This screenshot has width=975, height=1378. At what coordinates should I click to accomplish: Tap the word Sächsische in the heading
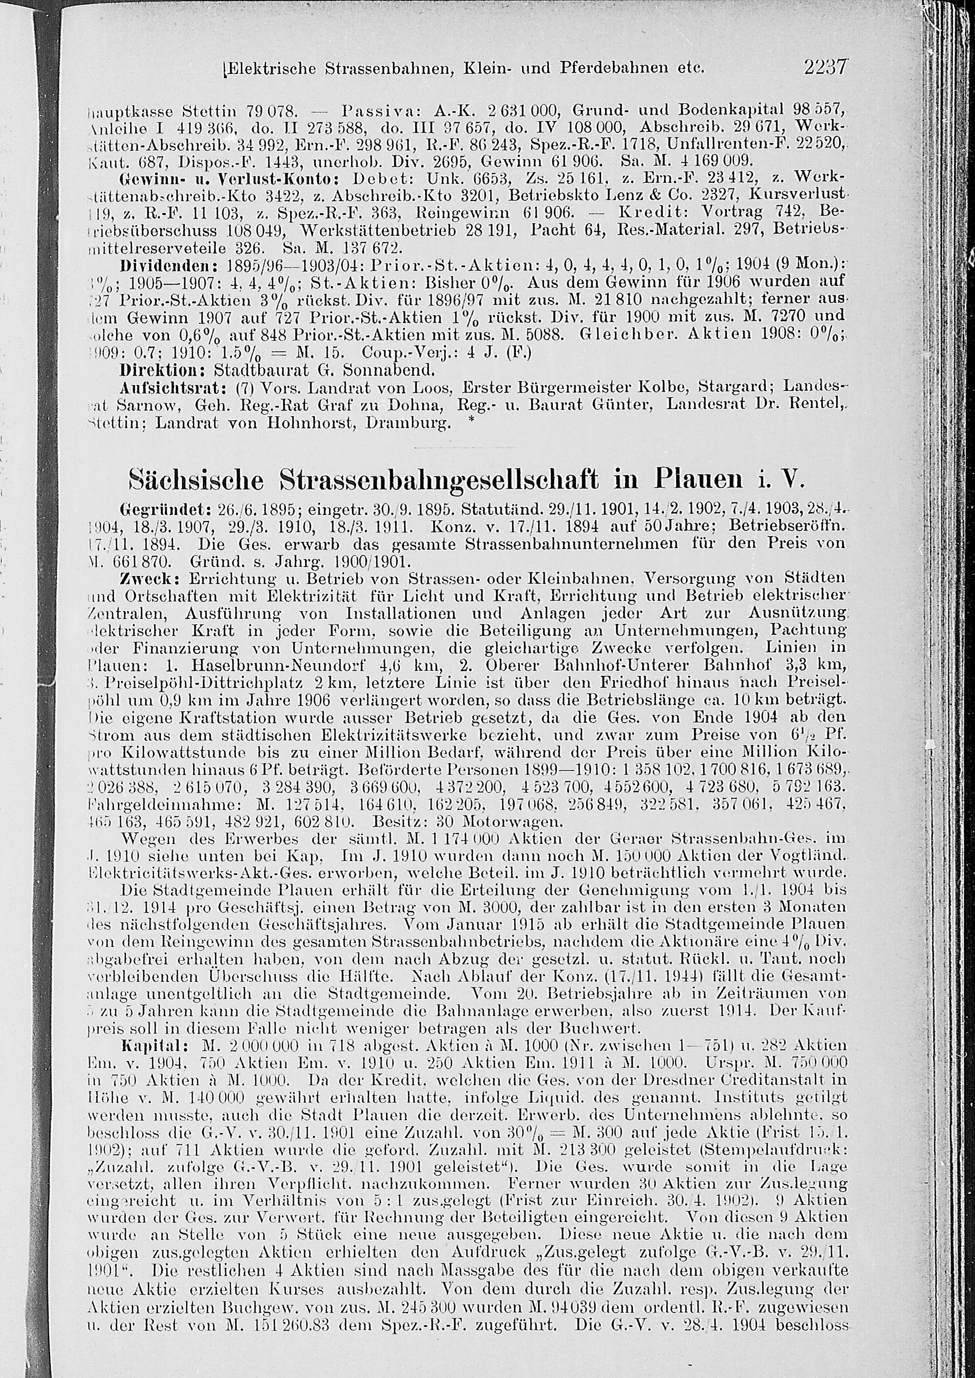pyautogui.click(x=196, y=482)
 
